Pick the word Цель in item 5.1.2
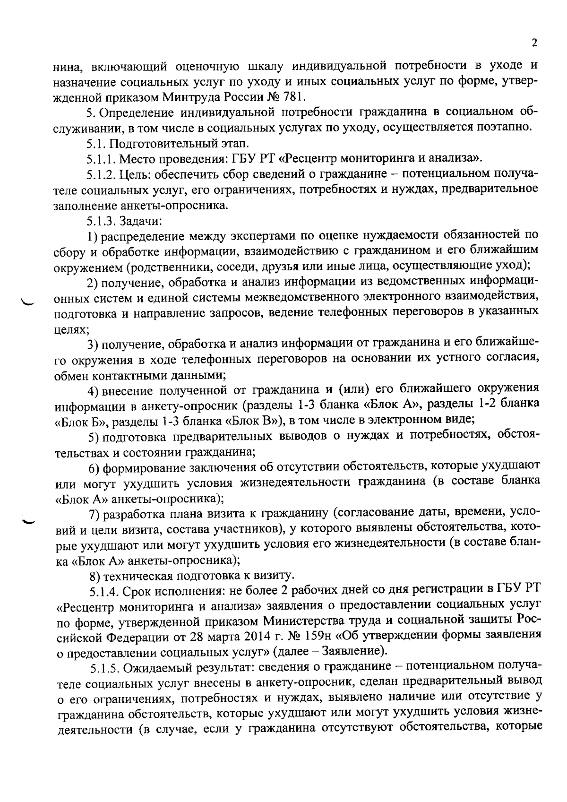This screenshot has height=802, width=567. pyautogui.click(x=132, y=174)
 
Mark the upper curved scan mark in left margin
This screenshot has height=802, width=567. pyautogui.click(x=28, y=301)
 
